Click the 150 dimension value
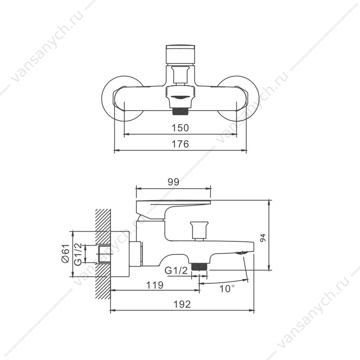point(180,128)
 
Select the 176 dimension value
point(180,144)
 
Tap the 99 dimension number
point(173,182)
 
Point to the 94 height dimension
point(263,238)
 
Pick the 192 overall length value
point(182,304)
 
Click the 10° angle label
point(227,289)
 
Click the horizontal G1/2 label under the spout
point(176,270)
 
